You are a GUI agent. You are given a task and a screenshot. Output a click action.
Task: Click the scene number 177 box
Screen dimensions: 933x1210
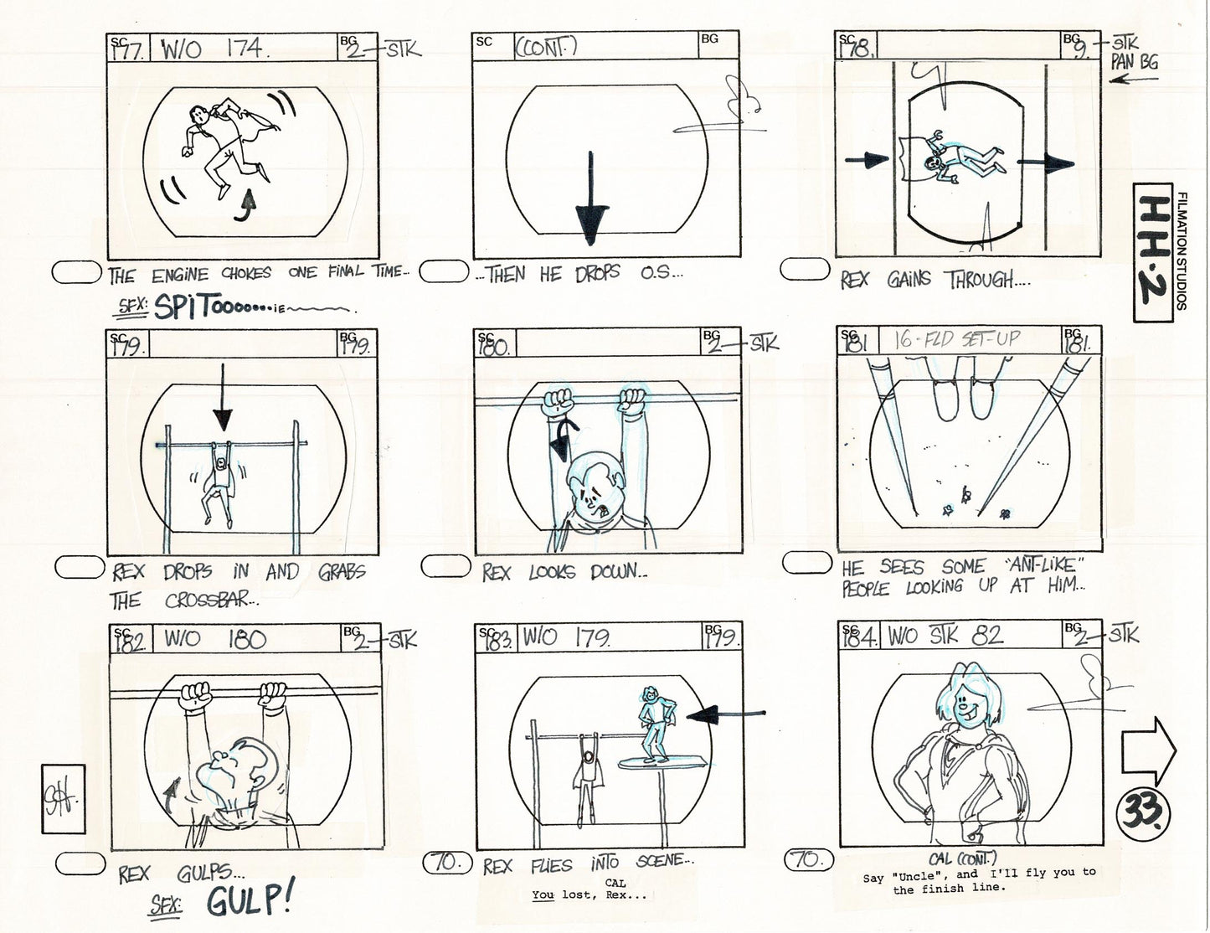[129, 49]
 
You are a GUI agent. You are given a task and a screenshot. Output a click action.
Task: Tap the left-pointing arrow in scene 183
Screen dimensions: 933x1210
[725, 714]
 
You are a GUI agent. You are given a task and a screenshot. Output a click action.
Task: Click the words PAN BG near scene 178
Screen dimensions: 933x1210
[1135, 62]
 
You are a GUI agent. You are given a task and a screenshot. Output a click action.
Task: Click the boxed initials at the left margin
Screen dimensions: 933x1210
[69, 787]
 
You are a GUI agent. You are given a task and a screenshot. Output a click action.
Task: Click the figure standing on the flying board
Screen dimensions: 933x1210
[651, 721]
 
